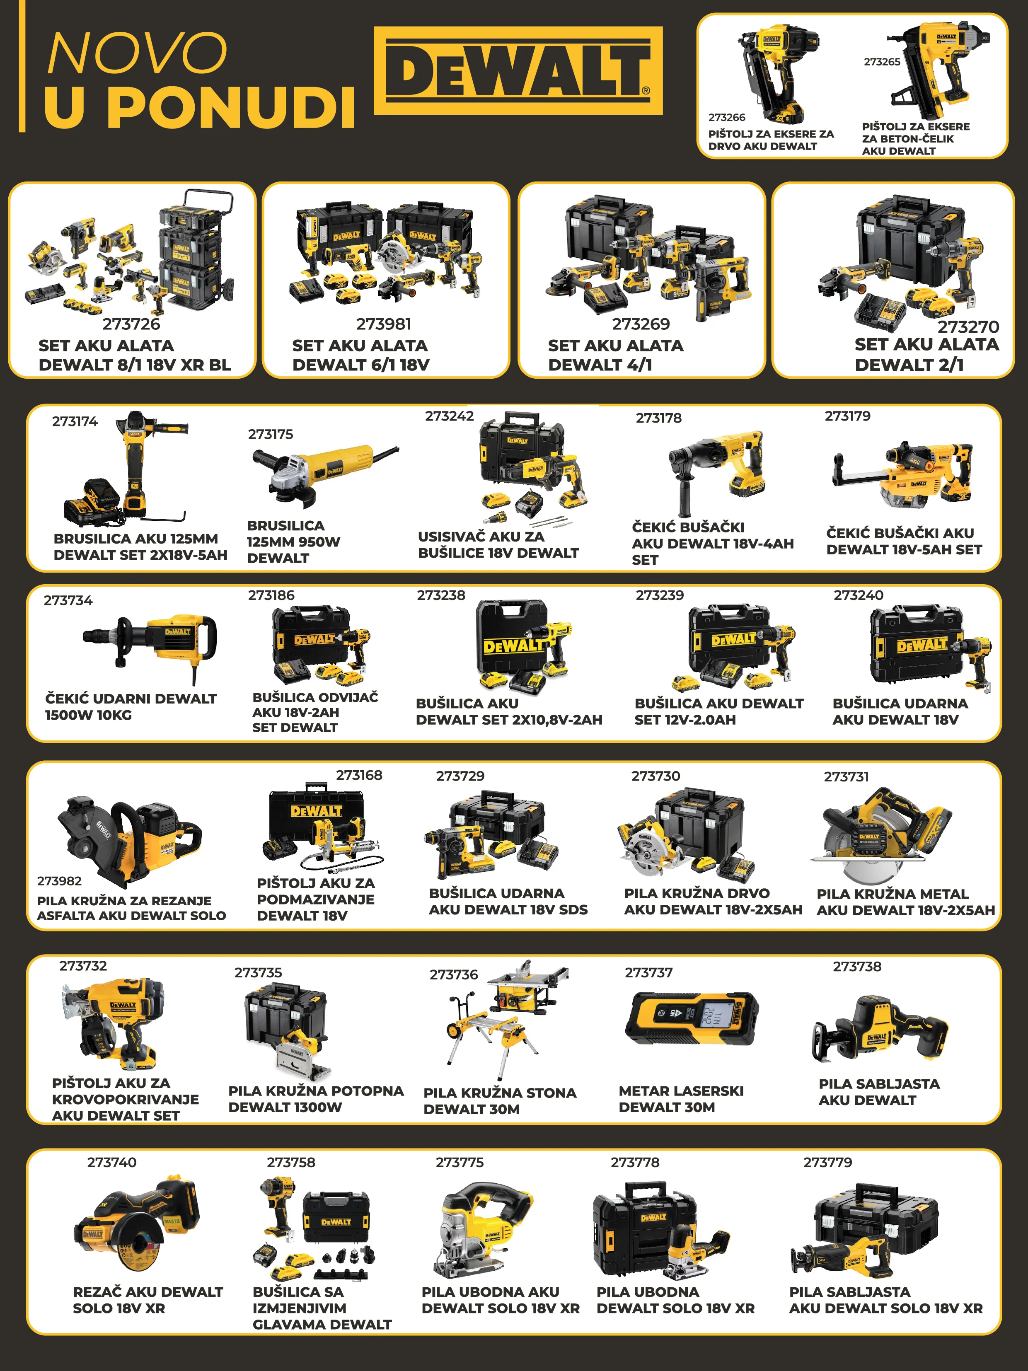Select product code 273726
click(131, 324)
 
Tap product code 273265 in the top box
click(882, 62)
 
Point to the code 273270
click(968, 326)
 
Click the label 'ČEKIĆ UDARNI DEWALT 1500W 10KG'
click(131, 706)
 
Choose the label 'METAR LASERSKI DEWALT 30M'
click(681, 1099)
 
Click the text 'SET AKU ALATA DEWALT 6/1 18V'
click(360, 355)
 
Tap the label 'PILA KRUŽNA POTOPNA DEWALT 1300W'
click(316, 1099)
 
